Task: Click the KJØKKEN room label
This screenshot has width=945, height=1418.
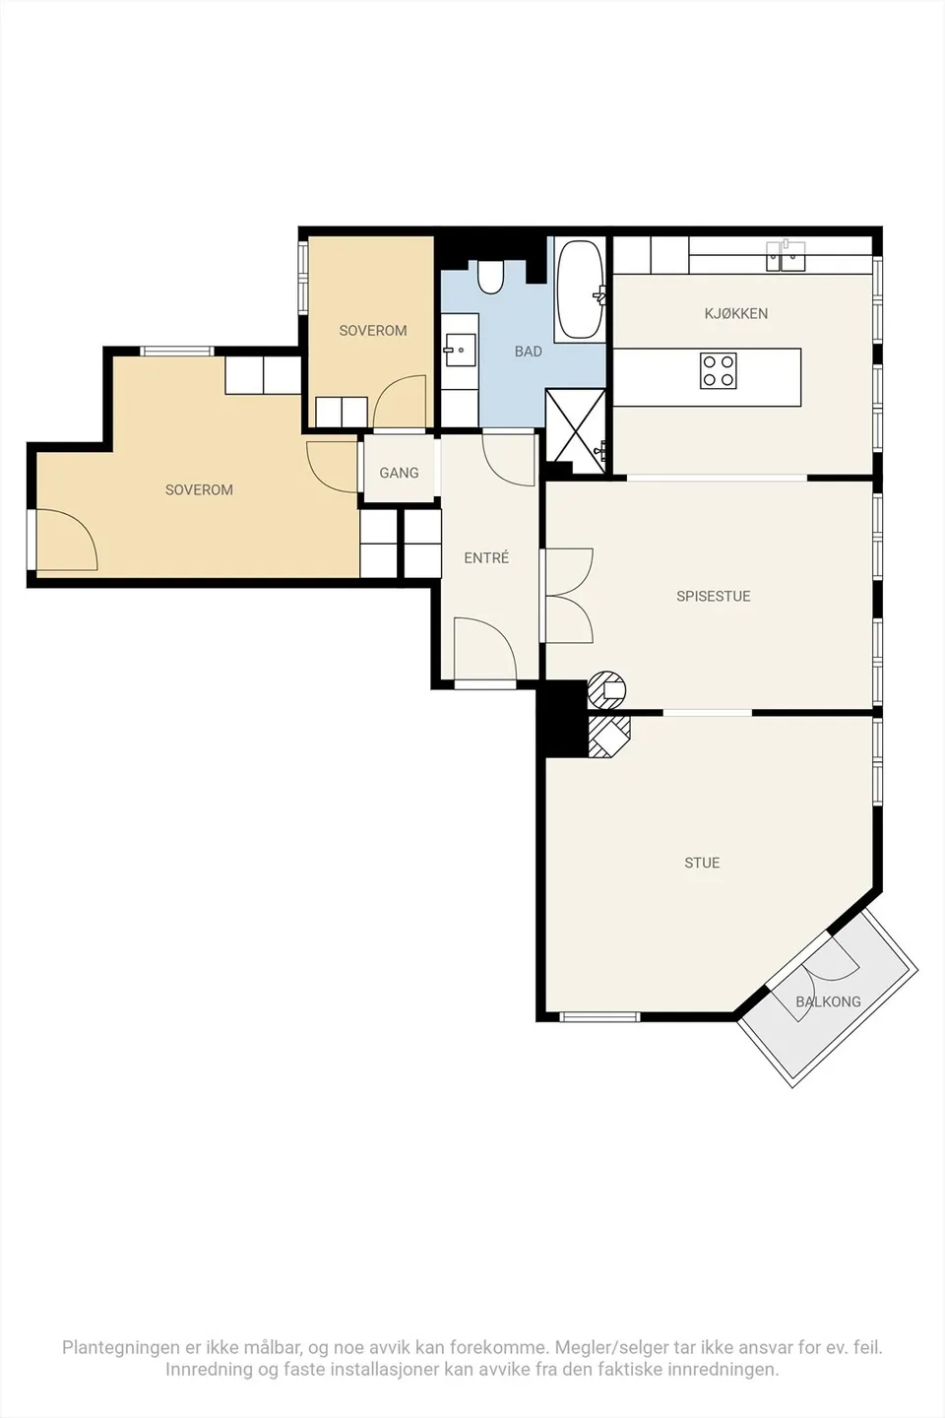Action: click(x=736, y=313)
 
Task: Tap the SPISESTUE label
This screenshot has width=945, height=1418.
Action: click(x=714, y=596)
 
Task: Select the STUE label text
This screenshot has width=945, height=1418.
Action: click(x=702, y=863)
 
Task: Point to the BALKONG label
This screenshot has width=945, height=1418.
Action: click(x=828, y=1001)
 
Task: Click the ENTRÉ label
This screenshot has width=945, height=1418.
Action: click(x=486, y=557)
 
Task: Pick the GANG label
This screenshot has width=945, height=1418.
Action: click(x=399, y=473)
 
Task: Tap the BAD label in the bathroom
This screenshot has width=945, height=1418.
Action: click(x=528, y=352)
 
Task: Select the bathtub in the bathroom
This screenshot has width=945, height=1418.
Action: click(x=579, y=290)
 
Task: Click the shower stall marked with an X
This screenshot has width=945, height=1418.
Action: click(x=575, y=430)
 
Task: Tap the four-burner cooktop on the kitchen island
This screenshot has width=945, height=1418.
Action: click(x=719, y=370)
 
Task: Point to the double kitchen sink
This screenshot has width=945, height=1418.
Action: click(x=786, y=256)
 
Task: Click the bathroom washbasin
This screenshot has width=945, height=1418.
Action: click(x=460, y=350)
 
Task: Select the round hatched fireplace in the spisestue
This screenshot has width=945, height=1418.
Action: click(x=607, y=688)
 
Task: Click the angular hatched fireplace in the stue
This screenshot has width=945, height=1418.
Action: click(x=609, y=737)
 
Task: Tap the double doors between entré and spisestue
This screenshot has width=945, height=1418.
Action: click(x=568, y=596)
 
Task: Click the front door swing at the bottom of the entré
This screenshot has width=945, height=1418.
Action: click(x=485, y=652)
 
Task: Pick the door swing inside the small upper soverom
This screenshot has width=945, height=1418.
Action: click(x=400, y=402)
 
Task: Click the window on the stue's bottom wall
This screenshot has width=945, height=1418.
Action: click(x=599, y=1017)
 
